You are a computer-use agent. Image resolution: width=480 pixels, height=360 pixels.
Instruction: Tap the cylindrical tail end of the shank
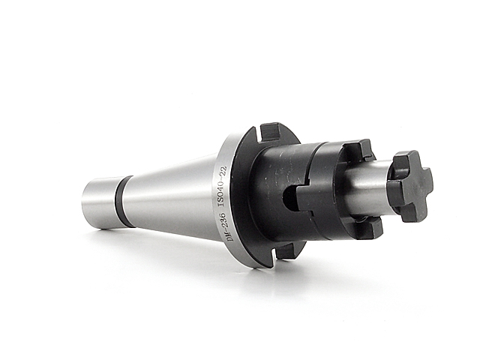tap(99, 203)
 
